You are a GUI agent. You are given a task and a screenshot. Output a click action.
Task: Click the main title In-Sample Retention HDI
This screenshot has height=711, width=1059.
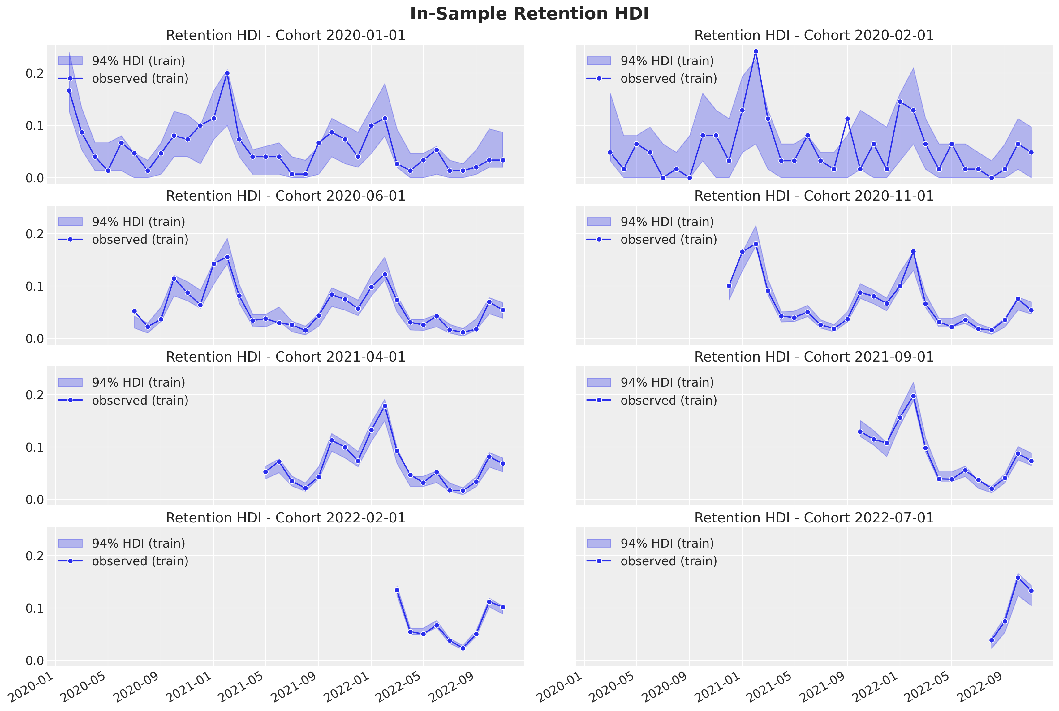(x=529, y=14)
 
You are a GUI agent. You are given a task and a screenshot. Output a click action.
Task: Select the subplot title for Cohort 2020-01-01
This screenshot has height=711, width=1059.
(x=286, y=35)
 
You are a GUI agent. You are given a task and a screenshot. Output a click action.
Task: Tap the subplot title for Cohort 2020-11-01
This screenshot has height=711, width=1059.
(x=814, y=196)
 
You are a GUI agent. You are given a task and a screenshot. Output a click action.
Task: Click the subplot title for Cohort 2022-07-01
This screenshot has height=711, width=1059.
(x=814, y=518)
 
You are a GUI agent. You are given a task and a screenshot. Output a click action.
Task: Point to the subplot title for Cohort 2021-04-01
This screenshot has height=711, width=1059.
(x=286, y=357)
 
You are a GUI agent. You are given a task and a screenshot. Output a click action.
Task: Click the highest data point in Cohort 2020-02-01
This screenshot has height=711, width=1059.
(x=756, y=51)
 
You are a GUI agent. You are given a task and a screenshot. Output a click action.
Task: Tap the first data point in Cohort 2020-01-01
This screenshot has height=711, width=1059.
(x=69, y=91)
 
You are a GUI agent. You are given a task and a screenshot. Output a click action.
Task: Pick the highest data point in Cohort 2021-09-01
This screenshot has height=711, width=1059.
(x=913, y=396)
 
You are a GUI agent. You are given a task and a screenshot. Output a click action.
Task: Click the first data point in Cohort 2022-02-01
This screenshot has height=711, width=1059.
(x=397, y=590)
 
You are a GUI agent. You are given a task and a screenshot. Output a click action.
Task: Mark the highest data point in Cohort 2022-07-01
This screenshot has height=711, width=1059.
(x=1018, y=578)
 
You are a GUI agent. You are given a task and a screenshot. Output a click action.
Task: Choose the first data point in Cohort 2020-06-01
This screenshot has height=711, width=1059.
(x=134, y=311)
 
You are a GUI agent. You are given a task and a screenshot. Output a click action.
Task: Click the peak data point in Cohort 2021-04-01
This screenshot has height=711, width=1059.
(x=385, y=406)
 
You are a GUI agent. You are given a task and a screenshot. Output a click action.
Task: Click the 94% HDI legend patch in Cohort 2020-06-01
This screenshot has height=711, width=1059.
(x=70, y=222)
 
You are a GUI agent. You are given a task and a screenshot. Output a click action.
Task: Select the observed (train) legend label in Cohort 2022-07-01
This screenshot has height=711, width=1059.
(x=668, y=561)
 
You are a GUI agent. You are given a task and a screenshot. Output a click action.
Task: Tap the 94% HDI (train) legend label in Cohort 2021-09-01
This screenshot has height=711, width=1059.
(x=667, y=383)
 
